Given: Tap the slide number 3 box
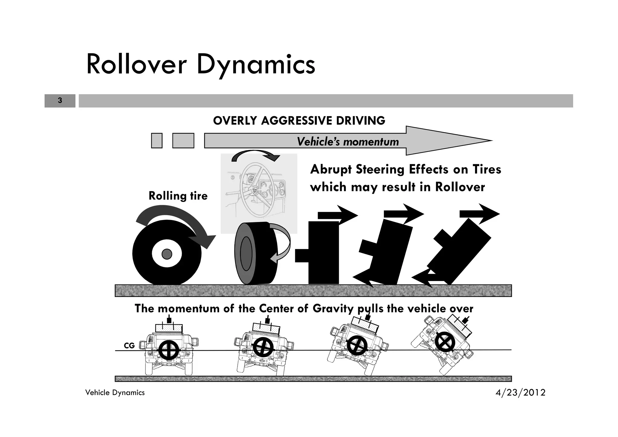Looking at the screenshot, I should pyautogui.click(x=60, y=100).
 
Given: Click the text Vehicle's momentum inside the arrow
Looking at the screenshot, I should pyautogui.click(x=348, y=142).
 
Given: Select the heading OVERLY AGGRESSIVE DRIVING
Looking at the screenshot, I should pyautogui.click(x=299, y=121).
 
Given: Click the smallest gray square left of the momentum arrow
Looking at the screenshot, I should pyautogui.click(x=157, y=141).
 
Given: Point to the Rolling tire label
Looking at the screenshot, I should pyautogui.click(x=178, y=196).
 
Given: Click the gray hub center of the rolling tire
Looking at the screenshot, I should pyautogui.click(x=167, y=254).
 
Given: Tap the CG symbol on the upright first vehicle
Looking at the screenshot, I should pyautogui.click(x=169, y=350).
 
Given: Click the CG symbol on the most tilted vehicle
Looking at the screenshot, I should pyautogui.click(x=444, y=342).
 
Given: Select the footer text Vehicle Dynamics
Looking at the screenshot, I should pyautogui.click(x=115, y=393).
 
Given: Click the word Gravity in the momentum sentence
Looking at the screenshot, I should pyautogui.click(x=333, y=309).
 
